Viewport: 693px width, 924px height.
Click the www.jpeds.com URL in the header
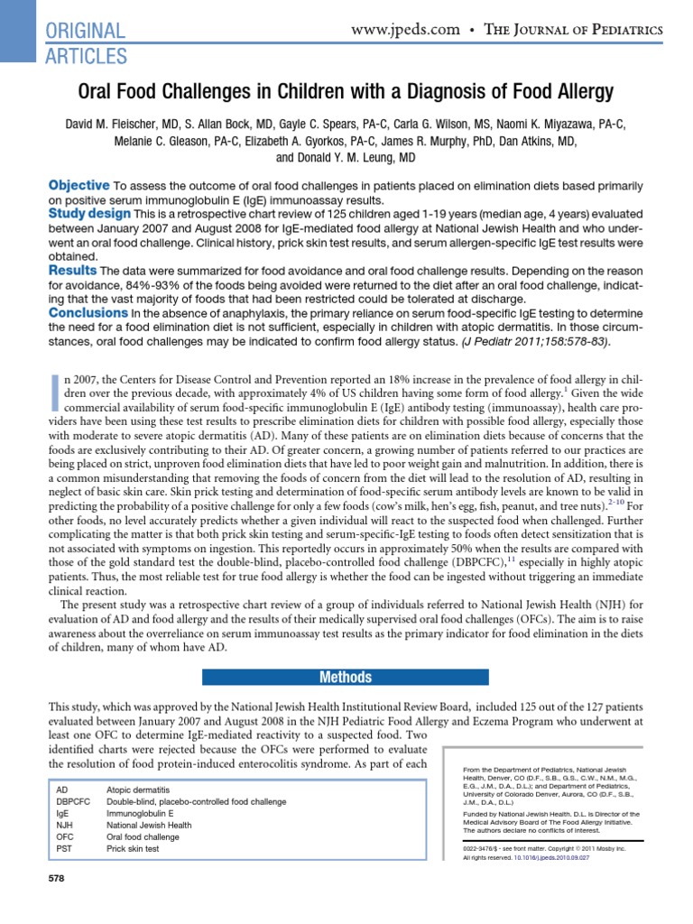tap(406, 29)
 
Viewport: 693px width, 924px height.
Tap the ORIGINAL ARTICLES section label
tap(86, 42)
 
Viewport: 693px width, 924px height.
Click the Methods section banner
tap(346, 677)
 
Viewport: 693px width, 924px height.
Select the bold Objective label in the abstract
tap(79, 184)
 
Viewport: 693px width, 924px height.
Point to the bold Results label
tap(71, 270)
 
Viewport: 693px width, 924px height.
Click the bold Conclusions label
tap(86, 312)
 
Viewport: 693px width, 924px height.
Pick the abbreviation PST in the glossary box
tap(63, 848)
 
